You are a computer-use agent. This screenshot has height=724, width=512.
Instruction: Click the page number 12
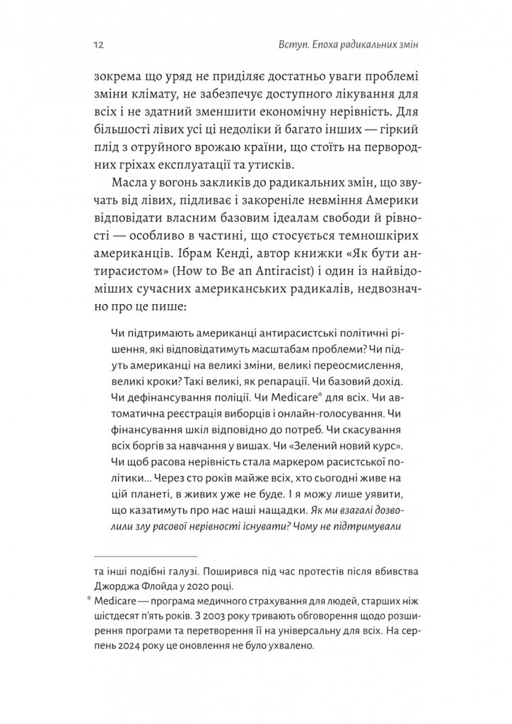pyautogui.click(x=96, y=47)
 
